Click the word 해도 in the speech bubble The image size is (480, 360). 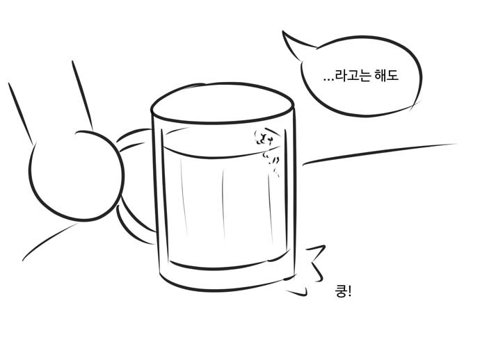(386, 76)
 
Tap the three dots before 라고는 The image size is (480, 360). (328, 80)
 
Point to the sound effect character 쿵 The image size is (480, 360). (340, 291)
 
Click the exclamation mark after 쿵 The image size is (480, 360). (350, 291)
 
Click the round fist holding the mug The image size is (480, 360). (77, 176)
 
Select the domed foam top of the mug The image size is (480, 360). (223, 103)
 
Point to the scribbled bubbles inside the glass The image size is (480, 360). (266, 152)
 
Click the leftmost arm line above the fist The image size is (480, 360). (20, 113)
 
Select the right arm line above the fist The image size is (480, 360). (82, 95)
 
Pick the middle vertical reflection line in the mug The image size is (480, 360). (223, 204)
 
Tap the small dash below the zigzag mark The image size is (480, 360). (296, 293)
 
